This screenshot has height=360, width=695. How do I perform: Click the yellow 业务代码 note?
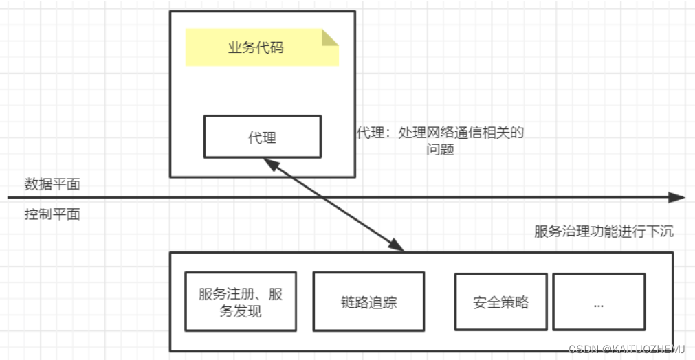pos(262,47)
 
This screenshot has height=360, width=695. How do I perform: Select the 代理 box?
pos(262,137)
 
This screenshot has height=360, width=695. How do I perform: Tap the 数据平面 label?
pos(52,184)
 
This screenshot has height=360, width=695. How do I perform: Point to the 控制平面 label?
pos(52,214)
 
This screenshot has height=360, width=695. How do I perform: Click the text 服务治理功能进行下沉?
pos(604,231)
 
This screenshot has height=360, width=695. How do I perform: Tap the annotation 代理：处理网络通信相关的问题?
pos(440,140)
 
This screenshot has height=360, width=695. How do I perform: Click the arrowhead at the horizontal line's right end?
pos(679,198)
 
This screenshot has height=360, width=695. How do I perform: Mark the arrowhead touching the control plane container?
pos(397,245)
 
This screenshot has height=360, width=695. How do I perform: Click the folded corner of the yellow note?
pos(331,36)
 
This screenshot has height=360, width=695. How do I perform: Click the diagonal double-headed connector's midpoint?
pos(334,205)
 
